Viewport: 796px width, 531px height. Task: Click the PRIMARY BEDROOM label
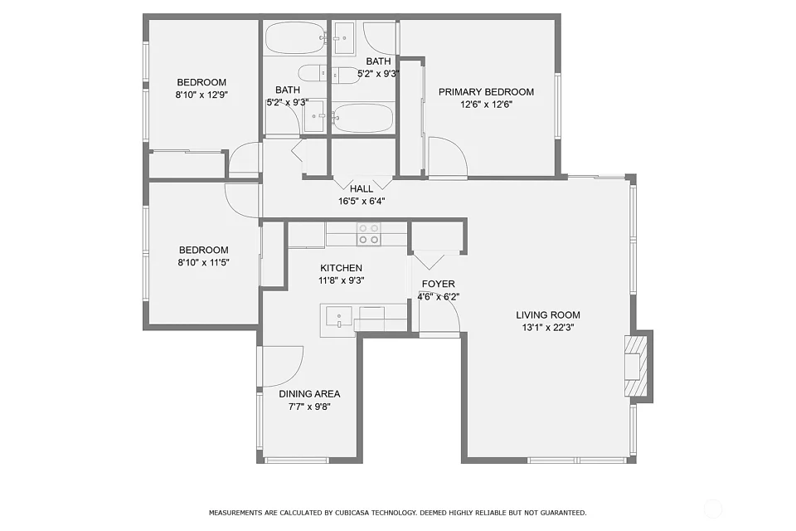pyautogui.click(x=486, y=92)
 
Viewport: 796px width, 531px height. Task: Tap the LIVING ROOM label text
pyautogui.click(x=548, y=315)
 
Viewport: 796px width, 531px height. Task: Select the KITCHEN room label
pyautogui.click(x=341, y=268)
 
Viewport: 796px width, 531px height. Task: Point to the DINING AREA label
pyautogui.click(x=309, y=394)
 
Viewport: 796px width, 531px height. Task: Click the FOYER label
pyautogui.click(x=438, y=284)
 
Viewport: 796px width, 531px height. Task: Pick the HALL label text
pyautogui.click(x=362, y=188)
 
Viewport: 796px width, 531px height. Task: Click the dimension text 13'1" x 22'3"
pyautogui.click(x=548, y=328)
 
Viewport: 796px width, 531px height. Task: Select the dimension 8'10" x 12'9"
pyautogui.click(x=201, y=95)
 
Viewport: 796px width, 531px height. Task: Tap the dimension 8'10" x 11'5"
pyautogui.click(x=203, y=263)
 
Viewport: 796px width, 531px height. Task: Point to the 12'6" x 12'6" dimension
pyautogui.click(x=487, y=105)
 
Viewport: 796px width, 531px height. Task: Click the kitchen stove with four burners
pyautogui.click(x=368, y=234)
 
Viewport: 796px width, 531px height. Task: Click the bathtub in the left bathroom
pyautogui.click(x=294, y=38)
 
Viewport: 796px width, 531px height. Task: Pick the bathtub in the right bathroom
pyautogui.click(x=363, y=119)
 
